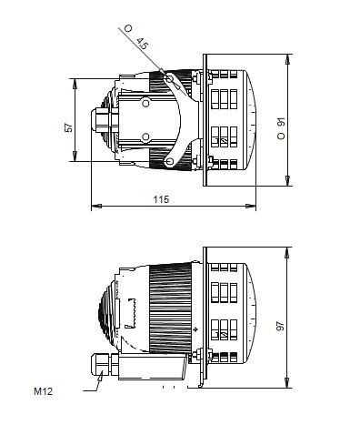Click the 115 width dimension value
pos(160,198)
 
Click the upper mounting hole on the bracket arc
pos(169,81)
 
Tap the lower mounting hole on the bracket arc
pos(169,163)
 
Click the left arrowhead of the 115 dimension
pos(94,207)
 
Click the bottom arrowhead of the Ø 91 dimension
pos(289,185)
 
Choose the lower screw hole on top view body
pos(145,137)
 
